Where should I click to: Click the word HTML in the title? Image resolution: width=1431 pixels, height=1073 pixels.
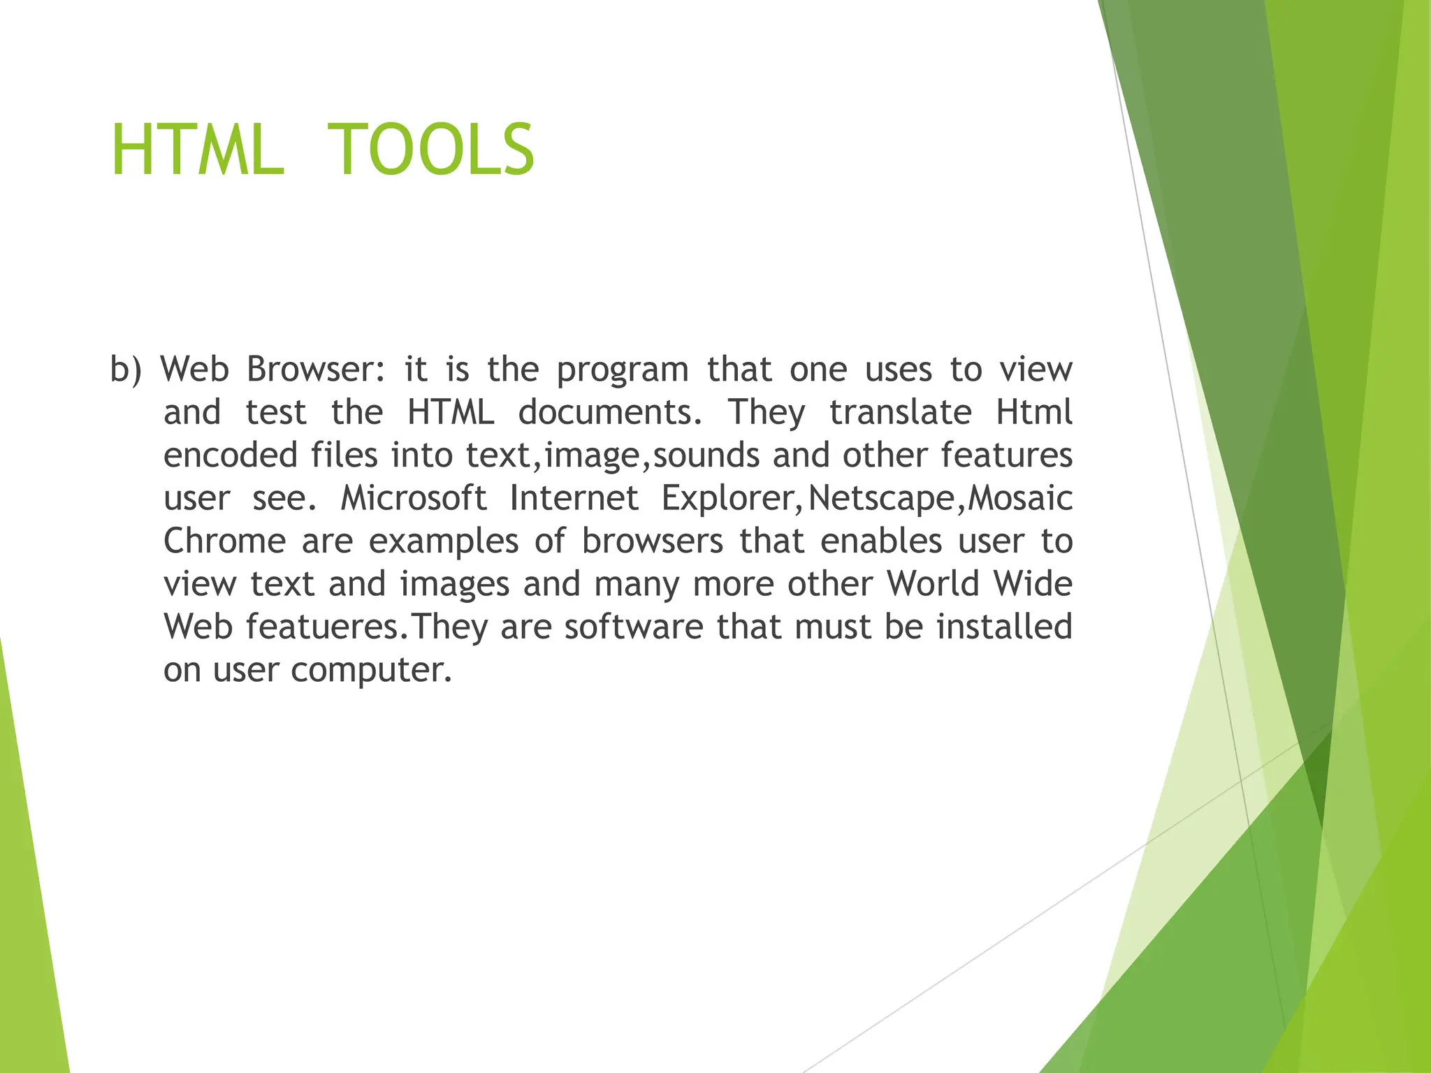coord(197,149)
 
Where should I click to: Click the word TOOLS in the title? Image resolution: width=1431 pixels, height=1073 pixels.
coord(430,149)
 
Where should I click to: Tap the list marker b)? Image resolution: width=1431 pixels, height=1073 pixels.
coord(126,370)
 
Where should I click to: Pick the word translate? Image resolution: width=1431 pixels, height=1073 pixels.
coord(901,412)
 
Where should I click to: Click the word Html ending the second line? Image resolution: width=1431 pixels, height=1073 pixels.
coord(1034,412)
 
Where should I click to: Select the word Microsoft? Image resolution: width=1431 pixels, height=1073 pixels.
coord(413,498)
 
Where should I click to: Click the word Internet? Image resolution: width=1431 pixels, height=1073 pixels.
coord(574,498)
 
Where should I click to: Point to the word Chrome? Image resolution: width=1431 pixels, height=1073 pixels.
coord(224,541)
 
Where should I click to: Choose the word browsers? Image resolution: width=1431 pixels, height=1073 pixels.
coord(652,541)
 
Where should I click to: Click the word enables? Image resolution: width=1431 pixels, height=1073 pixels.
coord(881,541)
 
